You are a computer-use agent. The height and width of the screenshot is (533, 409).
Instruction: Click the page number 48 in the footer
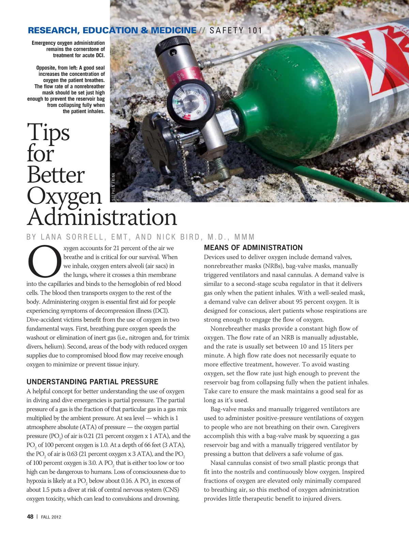30,516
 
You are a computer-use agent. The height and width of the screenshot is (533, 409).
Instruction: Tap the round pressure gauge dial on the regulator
191,100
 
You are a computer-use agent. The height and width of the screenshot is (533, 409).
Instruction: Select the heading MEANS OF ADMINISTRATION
253,248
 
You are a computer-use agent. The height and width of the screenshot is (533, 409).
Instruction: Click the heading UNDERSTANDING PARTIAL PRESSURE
92,382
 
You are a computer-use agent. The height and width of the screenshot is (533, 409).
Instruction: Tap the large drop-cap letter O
44,261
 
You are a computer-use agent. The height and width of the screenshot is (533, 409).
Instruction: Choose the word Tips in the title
48,132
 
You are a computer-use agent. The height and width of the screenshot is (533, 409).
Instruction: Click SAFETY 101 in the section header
236,31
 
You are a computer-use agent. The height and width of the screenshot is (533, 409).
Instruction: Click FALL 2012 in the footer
51,517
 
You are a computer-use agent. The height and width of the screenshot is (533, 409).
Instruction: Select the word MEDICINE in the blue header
173,30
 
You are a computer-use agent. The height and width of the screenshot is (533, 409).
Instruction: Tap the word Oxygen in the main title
64,196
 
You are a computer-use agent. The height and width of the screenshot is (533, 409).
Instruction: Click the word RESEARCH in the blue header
52,30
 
